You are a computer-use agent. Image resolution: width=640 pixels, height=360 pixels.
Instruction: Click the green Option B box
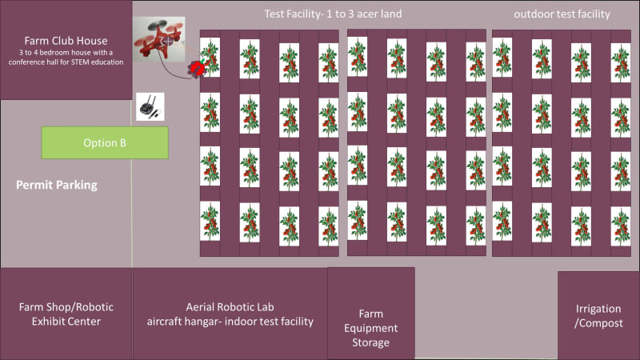(105, 143)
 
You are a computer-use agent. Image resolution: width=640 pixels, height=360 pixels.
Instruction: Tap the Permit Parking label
(56, 186)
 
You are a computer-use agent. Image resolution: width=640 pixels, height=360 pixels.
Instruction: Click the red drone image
(158, 42)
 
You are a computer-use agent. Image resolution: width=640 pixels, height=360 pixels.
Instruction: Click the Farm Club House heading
(66, 41)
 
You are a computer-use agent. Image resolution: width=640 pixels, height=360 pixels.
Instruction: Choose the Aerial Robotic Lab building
(230, 314)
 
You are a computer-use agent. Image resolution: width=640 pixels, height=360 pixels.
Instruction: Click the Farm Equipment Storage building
(371, 314)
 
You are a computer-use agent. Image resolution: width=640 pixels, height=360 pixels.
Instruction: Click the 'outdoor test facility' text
(562, 14)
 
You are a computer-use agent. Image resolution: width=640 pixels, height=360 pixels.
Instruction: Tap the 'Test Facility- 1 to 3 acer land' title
(333, 14)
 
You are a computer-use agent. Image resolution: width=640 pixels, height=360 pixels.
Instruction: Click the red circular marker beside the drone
(195, 70)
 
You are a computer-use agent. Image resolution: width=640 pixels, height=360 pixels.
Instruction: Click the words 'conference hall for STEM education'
(66, 62)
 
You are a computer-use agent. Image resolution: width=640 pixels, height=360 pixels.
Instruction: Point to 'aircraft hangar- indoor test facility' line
(230, 322)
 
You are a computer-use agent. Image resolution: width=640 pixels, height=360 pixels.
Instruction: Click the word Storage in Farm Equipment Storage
(371, 343)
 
